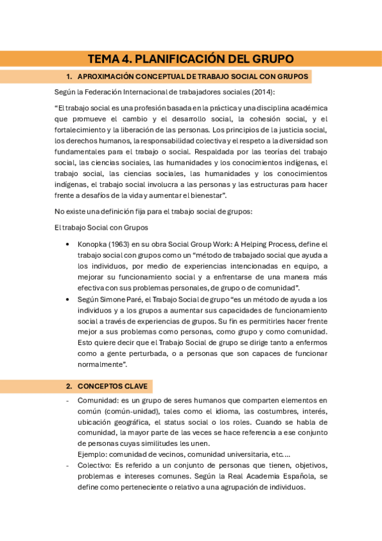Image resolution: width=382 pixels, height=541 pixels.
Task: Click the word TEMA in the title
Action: (104, 59)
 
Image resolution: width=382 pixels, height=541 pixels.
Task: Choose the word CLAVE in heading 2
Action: (133, 387)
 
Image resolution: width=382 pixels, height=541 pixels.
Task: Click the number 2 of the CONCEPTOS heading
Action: (69, 387)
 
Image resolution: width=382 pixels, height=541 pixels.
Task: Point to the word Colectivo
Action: (94, 466)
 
